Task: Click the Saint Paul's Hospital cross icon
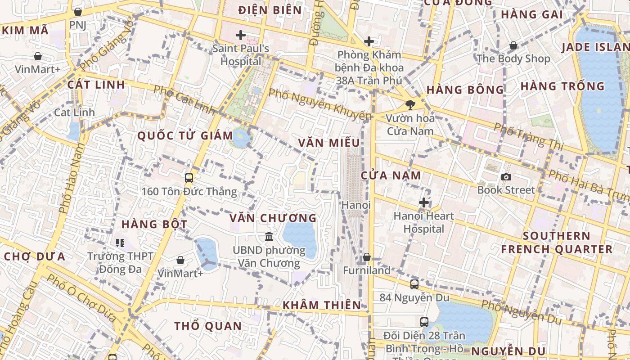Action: (241, 35)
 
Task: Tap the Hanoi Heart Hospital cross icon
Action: (423, 202)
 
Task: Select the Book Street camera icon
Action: (506, 177)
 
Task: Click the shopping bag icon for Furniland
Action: (367, 257)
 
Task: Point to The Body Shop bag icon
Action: (513, 45)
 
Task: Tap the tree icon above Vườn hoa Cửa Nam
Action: (410, 105)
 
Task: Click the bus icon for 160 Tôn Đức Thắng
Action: (189, 178)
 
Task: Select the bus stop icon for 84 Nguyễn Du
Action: (414, 284)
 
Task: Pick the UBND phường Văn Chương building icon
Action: (269, 236)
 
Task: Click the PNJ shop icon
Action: (78, 12)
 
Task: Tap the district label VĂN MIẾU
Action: (329, 143)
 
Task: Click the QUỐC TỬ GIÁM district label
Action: (185, 135)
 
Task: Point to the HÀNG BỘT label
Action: (154, 224)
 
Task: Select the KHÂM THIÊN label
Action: (322, 305)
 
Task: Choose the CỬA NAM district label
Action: (391, 175)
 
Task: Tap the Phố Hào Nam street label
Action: (72, 178)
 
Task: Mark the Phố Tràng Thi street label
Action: (528, 135)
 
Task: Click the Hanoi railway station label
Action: (356, 205)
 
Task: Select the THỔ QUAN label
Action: (208, 326)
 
